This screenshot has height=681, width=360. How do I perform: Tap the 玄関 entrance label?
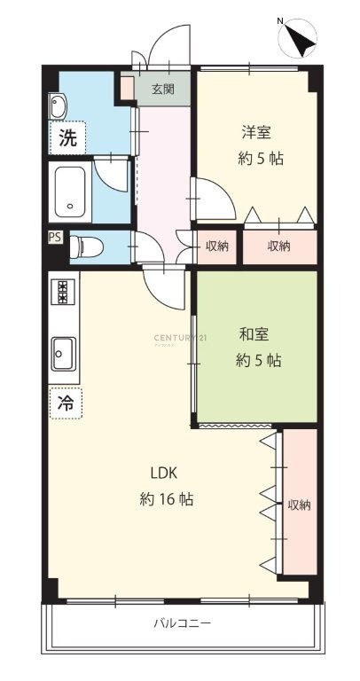pos(163,90)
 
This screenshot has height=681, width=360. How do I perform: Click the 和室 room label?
pos(254,334)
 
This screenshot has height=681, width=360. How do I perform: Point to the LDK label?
pos(164,473)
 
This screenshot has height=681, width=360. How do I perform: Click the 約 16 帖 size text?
pos(167,499)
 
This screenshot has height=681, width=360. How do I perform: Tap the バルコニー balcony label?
pos(183,623)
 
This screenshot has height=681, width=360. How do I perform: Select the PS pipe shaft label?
pos(55,237)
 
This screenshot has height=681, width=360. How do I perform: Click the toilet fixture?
pos(86,247)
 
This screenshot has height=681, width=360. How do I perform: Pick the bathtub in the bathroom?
pos(70,192)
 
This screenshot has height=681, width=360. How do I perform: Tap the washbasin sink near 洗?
pos(58,106)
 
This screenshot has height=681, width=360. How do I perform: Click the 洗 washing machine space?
pos(67,137)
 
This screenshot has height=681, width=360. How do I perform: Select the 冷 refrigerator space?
pos(66,403)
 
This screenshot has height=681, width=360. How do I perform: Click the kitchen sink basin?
pos(64,354)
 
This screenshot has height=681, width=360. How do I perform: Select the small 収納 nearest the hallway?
pos(216,247)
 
